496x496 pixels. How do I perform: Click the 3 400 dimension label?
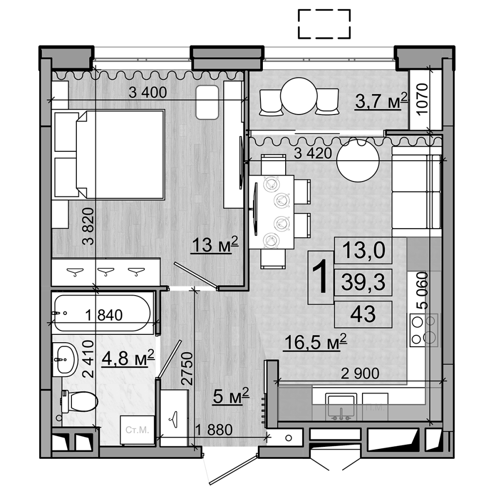[147, 92]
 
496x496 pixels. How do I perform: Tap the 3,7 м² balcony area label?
[381, 102]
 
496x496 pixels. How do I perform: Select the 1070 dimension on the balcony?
[422, 99]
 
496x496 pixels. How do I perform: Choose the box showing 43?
[364, 313]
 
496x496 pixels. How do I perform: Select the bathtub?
[102, 313]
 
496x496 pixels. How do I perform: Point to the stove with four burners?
[425, 330]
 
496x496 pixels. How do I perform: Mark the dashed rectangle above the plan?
[324, 23]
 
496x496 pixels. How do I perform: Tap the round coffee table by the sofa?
[358, 161]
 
